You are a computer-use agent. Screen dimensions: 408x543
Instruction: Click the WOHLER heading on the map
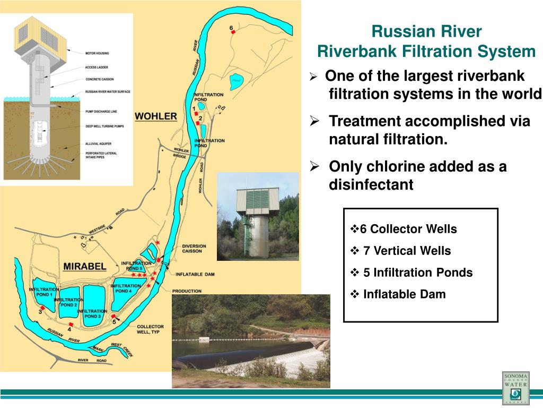155,116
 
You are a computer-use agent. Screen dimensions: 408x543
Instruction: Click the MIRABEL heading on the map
85,266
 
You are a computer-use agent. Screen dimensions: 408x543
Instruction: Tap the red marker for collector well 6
233,32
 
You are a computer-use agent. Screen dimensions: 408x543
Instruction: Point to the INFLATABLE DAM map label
195,274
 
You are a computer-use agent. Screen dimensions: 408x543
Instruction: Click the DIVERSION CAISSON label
194,249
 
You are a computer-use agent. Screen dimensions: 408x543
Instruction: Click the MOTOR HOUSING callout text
98,53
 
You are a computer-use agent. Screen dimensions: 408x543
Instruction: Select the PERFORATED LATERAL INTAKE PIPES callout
100,156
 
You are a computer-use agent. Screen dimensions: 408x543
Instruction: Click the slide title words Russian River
426,32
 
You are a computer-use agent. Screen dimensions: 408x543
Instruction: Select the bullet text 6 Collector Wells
408,229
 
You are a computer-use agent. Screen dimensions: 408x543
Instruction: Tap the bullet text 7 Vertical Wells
407,251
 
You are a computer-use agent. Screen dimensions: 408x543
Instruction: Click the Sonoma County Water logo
516,388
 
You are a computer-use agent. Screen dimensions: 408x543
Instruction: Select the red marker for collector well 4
70,324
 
